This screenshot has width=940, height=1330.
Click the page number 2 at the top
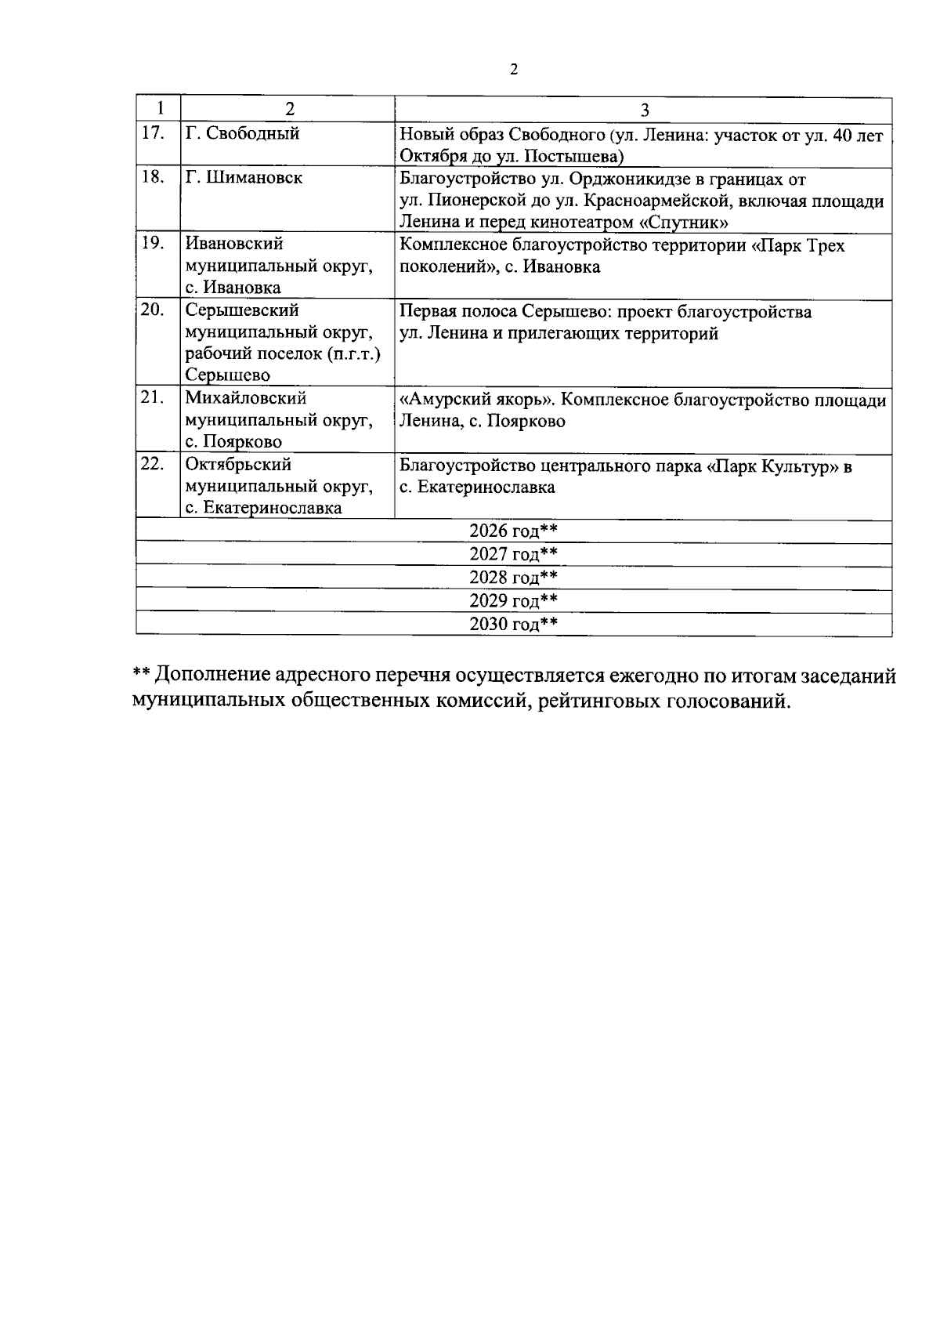(x=514, y=71)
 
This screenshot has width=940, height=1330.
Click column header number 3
(x=645, y=109)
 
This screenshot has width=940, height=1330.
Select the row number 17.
(x=153, y=133)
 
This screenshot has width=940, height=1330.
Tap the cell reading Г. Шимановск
(x=244, y=178)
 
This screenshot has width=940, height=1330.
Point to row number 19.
(x=153, y=243)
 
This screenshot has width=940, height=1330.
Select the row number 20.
(x=153, y=310)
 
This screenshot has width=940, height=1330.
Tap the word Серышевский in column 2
(x=242, y=310)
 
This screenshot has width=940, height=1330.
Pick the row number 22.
(x=153, y=464)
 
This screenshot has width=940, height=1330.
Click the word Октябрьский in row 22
(x=238, y=464)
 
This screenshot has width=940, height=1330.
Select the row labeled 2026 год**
(x=513, y=531)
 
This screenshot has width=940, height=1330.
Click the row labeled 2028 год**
(x=513, y=578)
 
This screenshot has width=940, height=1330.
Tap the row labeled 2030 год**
(x=513, y=624)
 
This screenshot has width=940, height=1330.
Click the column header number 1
(x=159, y=108)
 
